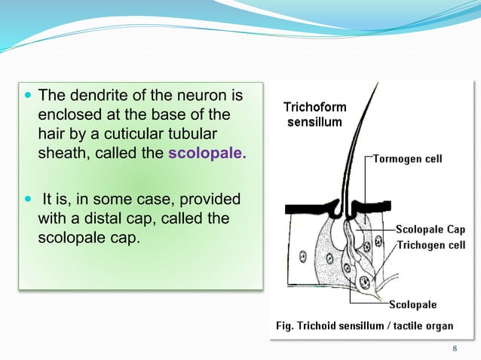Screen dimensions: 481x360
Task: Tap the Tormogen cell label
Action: (x=408, y=159)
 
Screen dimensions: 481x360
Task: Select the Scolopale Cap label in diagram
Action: (x=429, y=229)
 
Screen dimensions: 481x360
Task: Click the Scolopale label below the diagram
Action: (x=412, y=305)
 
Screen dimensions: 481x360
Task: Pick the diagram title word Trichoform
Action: (x=315, y=108)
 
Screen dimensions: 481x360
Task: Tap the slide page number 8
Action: (x=455, y=348)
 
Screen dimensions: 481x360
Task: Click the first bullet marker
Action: (x=29, y=96)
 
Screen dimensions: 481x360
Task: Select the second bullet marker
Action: (x=29, y=200)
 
